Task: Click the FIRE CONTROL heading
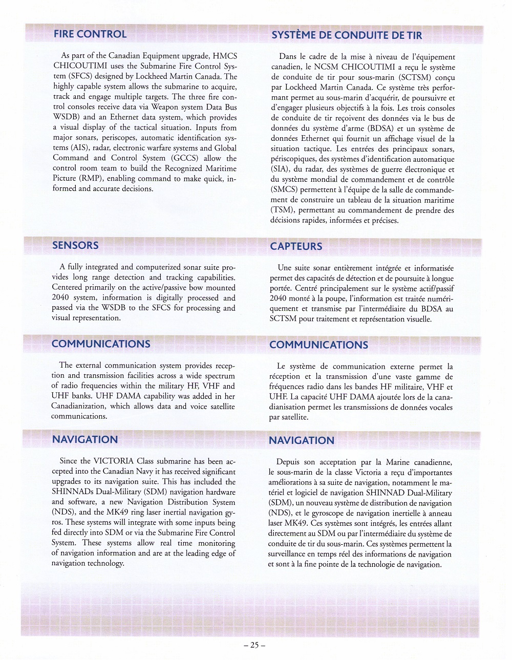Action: click(90, 34)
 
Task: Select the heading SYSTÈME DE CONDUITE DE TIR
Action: click(347, 35)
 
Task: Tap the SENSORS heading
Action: click(75, 245)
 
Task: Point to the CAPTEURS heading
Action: click(296, 246)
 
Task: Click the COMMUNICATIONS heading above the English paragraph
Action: click(101, 344)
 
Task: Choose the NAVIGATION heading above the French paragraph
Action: click(302, 440)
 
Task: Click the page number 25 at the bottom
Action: click(254, 645)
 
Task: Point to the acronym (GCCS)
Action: click(185, 158)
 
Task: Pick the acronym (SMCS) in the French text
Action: click(285, 190)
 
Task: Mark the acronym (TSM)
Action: click(282, 210)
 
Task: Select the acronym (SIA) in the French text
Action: click(279, 169)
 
